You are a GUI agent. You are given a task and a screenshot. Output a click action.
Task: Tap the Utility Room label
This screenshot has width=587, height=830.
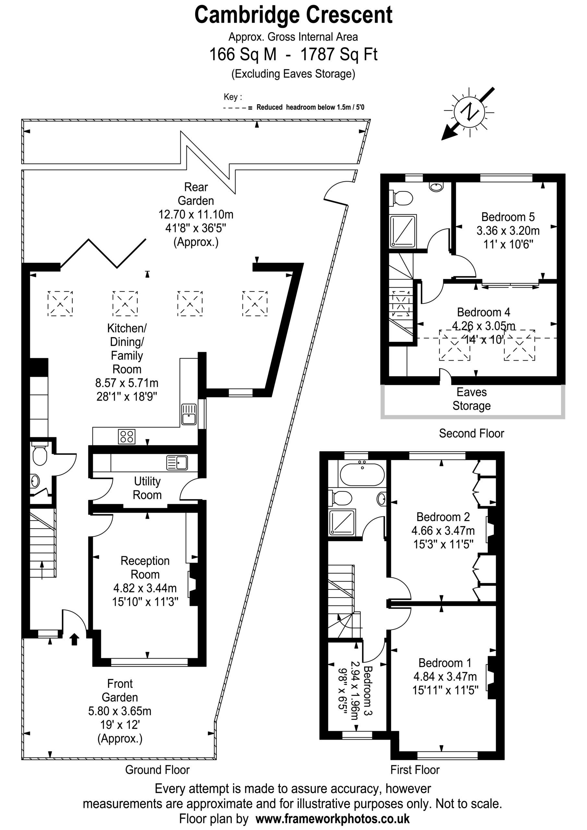(x=147, y=488)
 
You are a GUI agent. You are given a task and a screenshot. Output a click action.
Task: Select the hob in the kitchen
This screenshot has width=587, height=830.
(x=126, y=436)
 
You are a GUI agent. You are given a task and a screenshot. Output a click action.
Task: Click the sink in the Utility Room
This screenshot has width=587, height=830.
(x=177, y=463)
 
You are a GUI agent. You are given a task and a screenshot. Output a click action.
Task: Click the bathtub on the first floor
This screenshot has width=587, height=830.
(x=362, y=474)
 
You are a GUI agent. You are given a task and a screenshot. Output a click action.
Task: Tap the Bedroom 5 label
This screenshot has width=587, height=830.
(x=508, y=217)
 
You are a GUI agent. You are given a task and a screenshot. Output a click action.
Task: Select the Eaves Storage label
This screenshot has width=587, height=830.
(x=472, y=399)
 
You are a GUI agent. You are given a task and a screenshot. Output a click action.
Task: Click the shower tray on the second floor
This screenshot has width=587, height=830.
(x=402, y=231)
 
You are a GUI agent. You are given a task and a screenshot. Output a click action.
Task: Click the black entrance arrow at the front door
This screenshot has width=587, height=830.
(x=74, y=639)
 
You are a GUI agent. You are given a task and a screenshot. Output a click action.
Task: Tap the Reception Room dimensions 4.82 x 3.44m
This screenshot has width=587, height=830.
(x=145, y=588)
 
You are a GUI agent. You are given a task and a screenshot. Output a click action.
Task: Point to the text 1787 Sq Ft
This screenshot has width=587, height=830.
(x=339, y=54)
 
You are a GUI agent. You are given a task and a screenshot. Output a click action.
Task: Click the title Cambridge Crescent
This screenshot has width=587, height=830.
(x=293, y=15)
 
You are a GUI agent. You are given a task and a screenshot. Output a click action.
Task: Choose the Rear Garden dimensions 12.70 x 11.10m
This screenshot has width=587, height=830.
(x=196, y=214)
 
